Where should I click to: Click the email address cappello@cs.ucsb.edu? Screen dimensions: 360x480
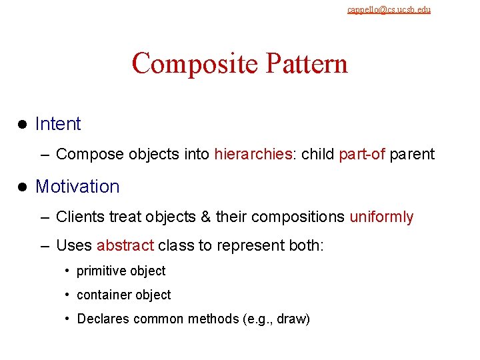coord(389,9)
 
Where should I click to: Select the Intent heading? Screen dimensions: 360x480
coord(58,124)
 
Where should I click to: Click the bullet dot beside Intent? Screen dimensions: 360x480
coord(21,125)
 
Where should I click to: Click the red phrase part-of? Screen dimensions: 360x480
coord(362,155)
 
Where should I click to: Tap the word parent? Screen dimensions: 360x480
coord(412,155)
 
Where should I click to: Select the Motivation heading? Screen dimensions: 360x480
coord(77,187)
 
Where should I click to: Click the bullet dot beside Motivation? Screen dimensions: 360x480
coord(21,187)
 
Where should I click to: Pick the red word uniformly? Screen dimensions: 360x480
coord(381,217)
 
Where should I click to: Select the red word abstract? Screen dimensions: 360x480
coord(125,246)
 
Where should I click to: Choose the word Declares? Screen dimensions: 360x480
coord(103,319)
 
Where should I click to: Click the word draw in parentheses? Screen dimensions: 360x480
coord(292,319)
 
